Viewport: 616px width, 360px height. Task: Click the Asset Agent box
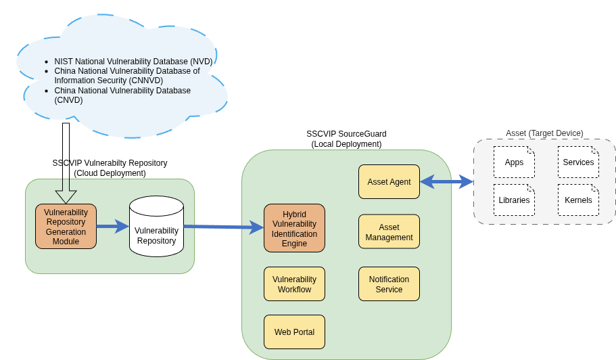[x=389, y=181]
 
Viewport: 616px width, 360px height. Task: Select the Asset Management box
[x=389, y=232]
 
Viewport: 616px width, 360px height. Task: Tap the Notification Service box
[x=389, y=284]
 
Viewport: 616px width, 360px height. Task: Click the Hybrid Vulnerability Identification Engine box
[x=294, y=229]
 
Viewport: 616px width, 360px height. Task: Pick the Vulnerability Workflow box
[x=294, y=284]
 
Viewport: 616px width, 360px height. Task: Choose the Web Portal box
[x=294, y=332]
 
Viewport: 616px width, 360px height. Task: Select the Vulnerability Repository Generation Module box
[x=66, y=227]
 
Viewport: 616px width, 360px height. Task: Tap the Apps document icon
[x=514, y=162]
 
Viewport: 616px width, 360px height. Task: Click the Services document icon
[x=578, y=162]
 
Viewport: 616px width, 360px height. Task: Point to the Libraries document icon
[x=514, y=200]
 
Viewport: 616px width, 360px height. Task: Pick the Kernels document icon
[x=578, y=200]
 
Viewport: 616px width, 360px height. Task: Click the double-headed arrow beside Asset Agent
[x=446, y=181]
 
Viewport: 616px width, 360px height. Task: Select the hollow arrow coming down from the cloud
[x=66, y=162]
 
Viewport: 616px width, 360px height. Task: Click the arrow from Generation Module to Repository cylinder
[x=112, y=226]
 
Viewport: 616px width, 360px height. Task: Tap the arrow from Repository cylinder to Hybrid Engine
[x=223, y=227]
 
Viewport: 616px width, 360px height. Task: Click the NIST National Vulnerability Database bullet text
[x=133, y=62]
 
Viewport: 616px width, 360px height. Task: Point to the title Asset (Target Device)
[x=544, y=133]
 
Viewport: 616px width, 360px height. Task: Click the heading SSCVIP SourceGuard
[x=346, y=134]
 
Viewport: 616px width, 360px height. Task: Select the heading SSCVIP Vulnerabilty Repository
[x=110, y=163]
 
